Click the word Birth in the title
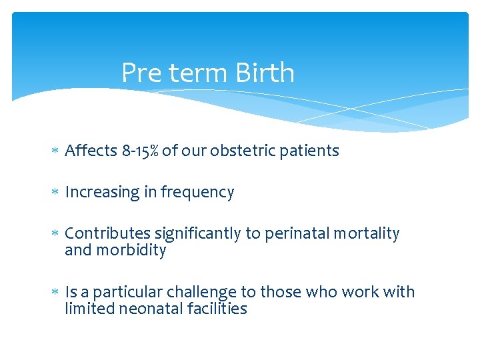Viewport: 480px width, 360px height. point(265,73)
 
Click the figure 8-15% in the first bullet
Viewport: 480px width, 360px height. point(141,151)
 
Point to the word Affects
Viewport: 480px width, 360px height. point(91,151)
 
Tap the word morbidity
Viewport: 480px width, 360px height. point(131,251)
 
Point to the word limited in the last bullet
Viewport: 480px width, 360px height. point(87,309)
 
